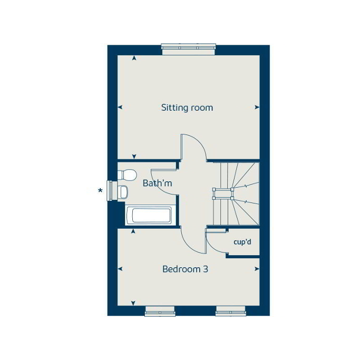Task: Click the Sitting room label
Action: pyautogui.click(x=187, y=108)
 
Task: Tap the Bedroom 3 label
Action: pyautogui.click(x=185, y=269)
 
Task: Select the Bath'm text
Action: pyautogui.click(x=158, y=183)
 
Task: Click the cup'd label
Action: pyautogui.click(x=243, y=243)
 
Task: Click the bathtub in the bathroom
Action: pyautogui.click(x=151, y=216)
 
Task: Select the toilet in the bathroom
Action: pyautogui.click(x=128, y=174)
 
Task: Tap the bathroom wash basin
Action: pyautogui.click(x=122, y=192)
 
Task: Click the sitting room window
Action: pyautogui.click(x=189, y=48)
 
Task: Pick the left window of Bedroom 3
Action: pyautogui.click(x=160, y=312)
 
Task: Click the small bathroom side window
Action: pyautogui.click(x=111, y=190)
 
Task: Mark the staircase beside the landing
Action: pyautogui.click(x=236, y=193)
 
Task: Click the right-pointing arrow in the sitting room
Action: pyautogui.click(x=257, y=108)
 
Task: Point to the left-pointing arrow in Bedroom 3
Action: pyautogui.click(x=120, y=269)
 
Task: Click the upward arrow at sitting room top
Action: pyautogui.click(x=134, y=57)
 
